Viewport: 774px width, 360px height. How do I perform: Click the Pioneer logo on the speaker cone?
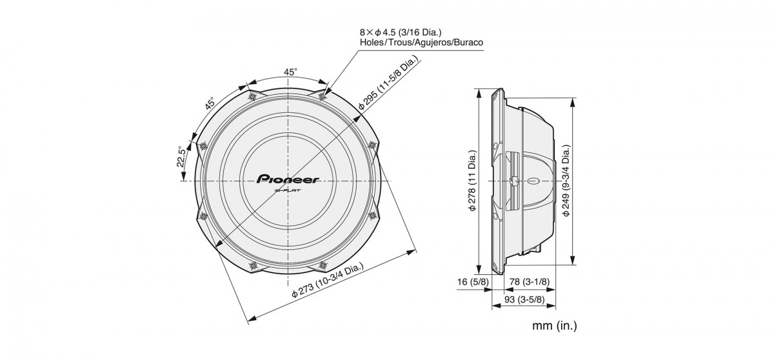[288, 179]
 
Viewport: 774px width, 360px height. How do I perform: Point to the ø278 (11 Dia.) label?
[472, 181]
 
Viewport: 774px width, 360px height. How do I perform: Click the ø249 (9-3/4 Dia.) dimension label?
[566, 181]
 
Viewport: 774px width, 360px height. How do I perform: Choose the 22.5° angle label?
[182, 157]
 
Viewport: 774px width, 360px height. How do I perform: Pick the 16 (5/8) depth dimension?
[473, 282]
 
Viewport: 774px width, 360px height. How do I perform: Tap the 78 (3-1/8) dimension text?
[530, 282]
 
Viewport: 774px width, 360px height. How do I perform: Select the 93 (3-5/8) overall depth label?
[524, 299]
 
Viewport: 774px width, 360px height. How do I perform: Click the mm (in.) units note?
[554, 325]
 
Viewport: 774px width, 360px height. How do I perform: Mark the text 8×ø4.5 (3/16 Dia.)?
[401, 33]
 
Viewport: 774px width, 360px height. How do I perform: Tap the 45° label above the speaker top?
[290, 72]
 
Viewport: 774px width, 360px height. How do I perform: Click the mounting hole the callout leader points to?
[322, 96]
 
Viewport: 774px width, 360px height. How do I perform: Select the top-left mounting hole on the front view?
[252, 96]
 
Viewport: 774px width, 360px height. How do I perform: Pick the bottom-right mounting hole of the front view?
[322, 265]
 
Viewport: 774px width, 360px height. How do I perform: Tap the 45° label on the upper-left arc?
[210, 103]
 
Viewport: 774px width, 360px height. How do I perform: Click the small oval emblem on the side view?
[534, 181]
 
